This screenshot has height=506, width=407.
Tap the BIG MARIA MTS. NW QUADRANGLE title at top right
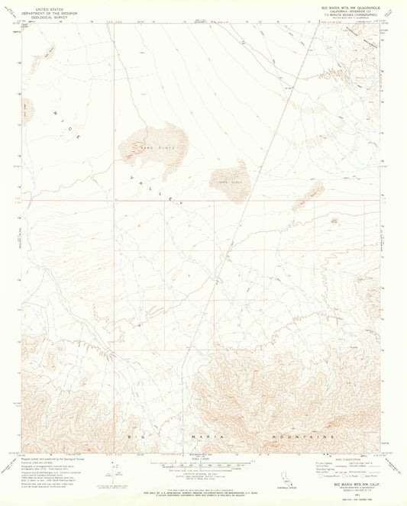point(342,5)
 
